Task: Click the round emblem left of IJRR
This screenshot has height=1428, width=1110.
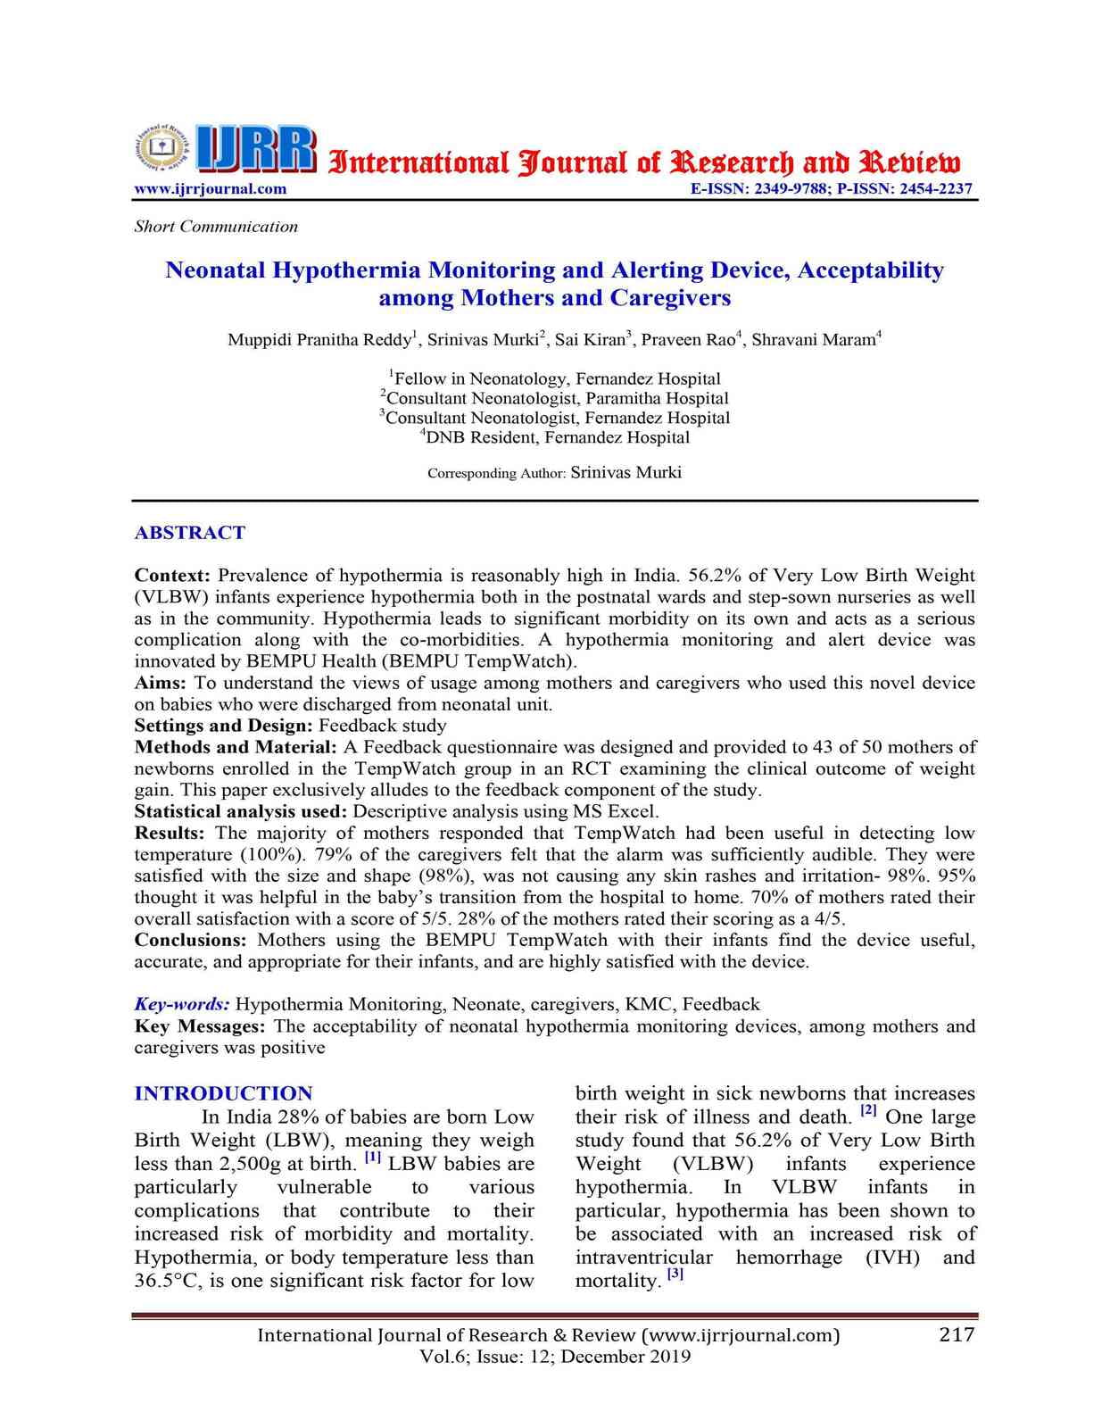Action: tap(162, 146)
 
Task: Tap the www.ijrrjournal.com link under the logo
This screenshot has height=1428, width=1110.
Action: tap(211, 189)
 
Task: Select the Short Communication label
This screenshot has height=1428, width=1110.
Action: tap(216, 227)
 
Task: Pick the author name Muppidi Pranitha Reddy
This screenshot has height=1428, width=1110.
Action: tap(319, 340)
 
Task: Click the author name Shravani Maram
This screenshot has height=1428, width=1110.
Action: tap(813, 340)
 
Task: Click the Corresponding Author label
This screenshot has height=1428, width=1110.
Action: tap(496, 473)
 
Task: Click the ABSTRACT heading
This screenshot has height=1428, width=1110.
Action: tap(189, 533)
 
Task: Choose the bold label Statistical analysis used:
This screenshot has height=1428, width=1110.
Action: tap(241, 811)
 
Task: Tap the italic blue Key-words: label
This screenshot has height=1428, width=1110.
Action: tap(182, 1004)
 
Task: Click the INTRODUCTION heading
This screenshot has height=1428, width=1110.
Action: tap(223, 1093)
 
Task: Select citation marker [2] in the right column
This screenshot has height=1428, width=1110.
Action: tap(868, 1112)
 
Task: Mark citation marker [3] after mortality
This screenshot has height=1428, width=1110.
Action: tap(675, 1275)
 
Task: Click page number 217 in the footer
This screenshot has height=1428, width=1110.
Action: tap(957, 1334)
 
